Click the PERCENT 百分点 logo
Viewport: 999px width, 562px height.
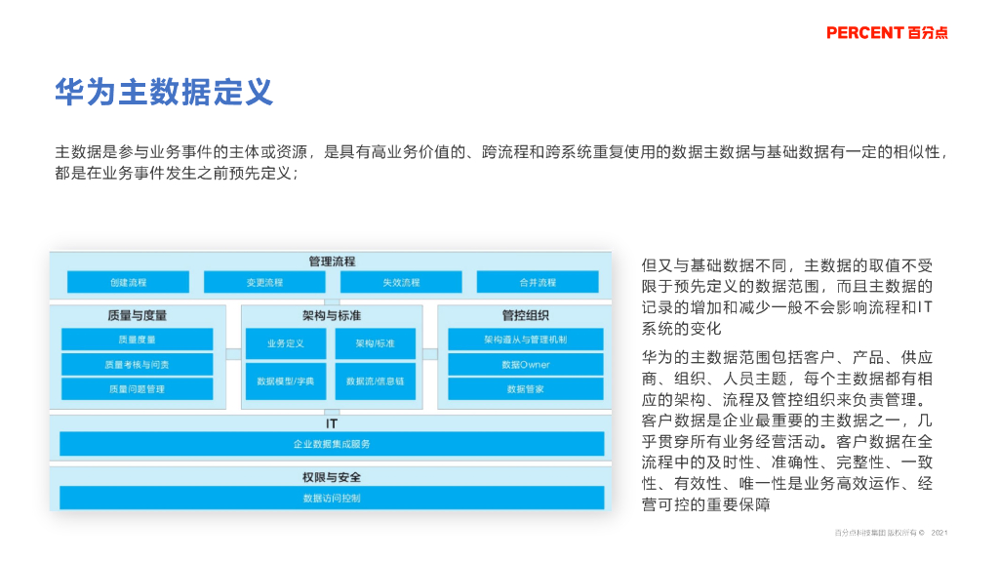coord(886,32)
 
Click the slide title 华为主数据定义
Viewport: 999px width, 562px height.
coord(164,93)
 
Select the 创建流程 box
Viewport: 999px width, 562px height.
coord(128,282)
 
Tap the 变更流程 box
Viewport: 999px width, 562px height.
coord(264,282)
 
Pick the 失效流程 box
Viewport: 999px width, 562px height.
coord(401,282)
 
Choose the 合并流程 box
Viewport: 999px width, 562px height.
coord(538,282)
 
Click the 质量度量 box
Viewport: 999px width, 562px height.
coord(137,340)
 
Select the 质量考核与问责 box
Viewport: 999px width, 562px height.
coord(137,364)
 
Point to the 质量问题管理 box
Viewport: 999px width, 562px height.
coord(137,388)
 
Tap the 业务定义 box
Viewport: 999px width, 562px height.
coord(287,343)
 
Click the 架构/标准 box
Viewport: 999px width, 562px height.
coord(375,343)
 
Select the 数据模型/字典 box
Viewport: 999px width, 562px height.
coord(287,381)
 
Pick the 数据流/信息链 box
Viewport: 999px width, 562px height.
coord(375,381)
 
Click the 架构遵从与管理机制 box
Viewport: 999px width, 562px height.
coord(526,340)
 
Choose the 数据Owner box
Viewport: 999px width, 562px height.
coord(526,364)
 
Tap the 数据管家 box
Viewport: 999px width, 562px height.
coord(526,388)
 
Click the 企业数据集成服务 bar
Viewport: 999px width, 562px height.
coord(332,444)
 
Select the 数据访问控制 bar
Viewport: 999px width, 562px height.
coord(332,498)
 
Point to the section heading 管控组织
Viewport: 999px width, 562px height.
coord(525,315)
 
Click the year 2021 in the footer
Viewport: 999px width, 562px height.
coord(939,533)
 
